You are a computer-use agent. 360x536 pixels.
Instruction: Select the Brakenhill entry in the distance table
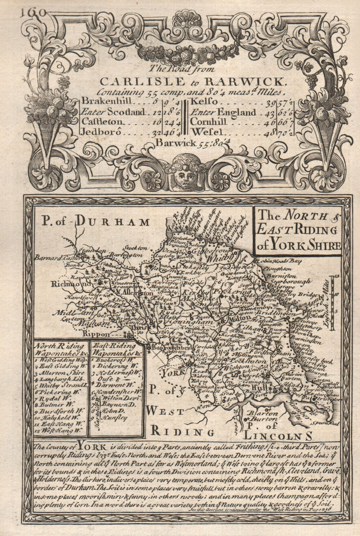105,101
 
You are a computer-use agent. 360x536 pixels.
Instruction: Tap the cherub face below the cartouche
184,173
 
